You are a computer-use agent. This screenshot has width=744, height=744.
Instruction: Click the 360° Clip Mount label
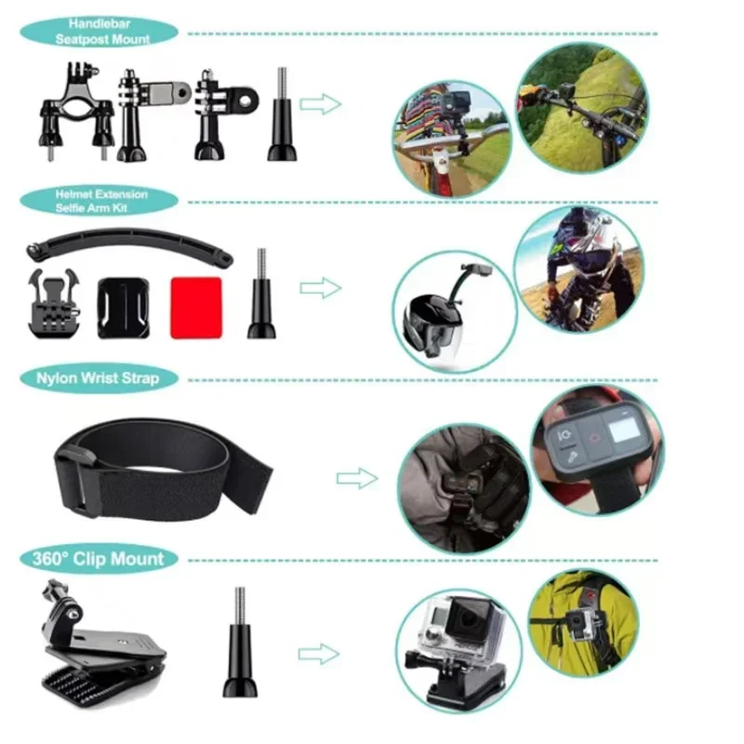click(x=98, y=559)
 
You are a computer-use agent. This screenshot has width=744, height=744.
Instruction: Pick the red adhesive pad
click(x=195, y=307)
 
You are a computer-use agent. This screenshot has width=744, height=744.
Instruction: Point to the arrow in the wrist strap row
click(x=356, y=478)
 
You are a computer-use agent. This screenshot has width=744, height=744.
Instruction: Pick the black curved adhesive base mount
click(x=122, y=306)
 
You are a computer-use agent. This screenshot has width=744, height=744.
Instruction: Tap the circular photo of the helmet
click(x=453, y=311)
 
